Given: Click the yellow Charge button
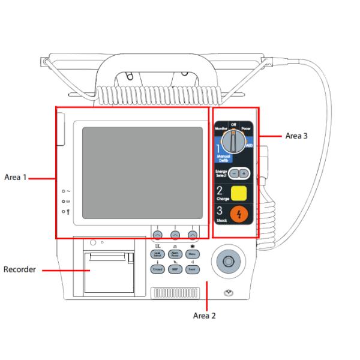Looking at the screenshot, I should click(x=239, y=193).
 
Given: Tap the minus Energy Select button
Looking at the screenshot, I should click(x=235, y=173).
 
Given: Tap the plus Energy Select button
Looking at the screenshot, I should click(x=244, y=173).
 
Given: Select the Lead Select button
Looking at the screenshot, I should click(x=157, y=254).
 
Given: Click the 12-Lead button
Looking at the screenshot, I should click(x=157, y=269).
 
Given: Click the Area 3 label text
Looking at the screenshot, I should click(x=296, y=136).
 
